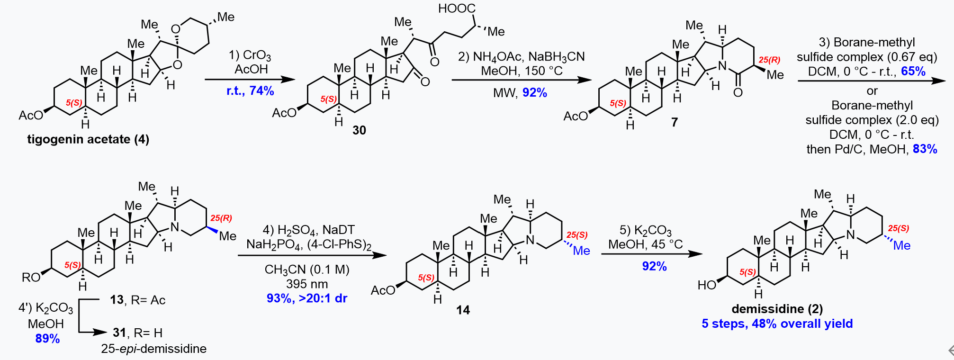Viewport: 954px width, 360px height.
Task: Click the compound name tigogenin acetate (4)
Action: [88, 139]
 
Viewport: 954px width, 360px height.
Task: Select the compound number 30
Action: [359, 130]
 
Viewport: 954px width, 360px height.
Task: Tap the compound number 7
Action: [674, 122]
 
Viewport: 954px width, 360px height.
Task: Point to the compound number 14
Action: [463, 310]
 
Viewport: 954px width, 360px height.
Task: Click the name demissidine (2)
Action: [777, 309]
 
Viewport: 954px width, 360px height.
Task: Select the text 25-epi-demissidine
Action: [153, 349]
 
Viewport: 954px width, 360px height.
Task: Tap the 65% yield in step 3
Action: [913, 72]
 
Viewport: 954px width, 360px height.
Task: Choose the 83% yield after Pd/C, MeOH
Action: [925, 149]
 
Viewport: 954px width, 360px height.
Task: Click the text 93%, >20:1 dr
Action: [306, 298]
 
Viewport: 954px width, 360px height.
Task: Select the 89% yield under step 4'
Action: [47, 339]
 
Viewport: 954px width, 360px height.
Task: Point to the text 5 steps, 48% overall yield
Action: [777, 324]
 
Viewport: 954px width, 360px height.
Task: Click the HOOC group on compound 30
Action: [457, 9]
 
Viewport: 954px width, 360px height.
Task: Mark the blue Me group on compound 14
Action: [581, 251]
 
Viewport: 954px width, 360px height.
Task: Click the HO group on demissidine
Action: [707, 285]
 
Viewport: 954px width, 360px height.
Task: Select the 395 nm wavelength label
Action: [306, 284]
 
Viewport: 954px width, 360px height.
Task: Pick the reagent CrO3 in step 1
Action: [257, 56]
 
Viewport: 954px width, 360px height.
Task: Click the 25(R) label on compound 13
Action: [221, 218]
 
